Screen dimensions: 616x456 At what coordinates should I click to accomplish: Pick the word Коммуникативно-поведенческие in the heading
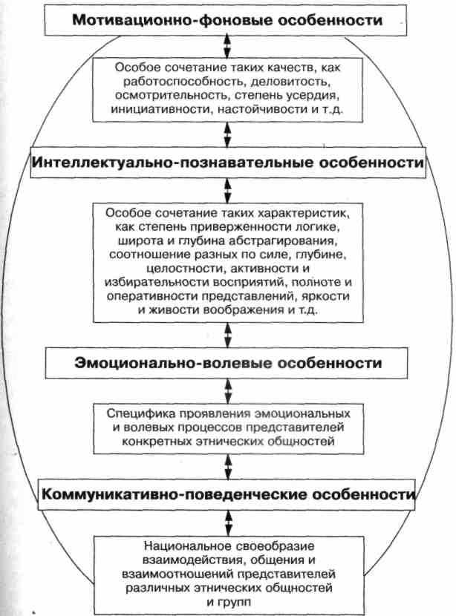coord(146,494)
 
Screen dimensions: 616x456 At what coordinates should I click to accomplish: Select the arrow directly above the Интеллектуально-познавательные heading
coord(227,134)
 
